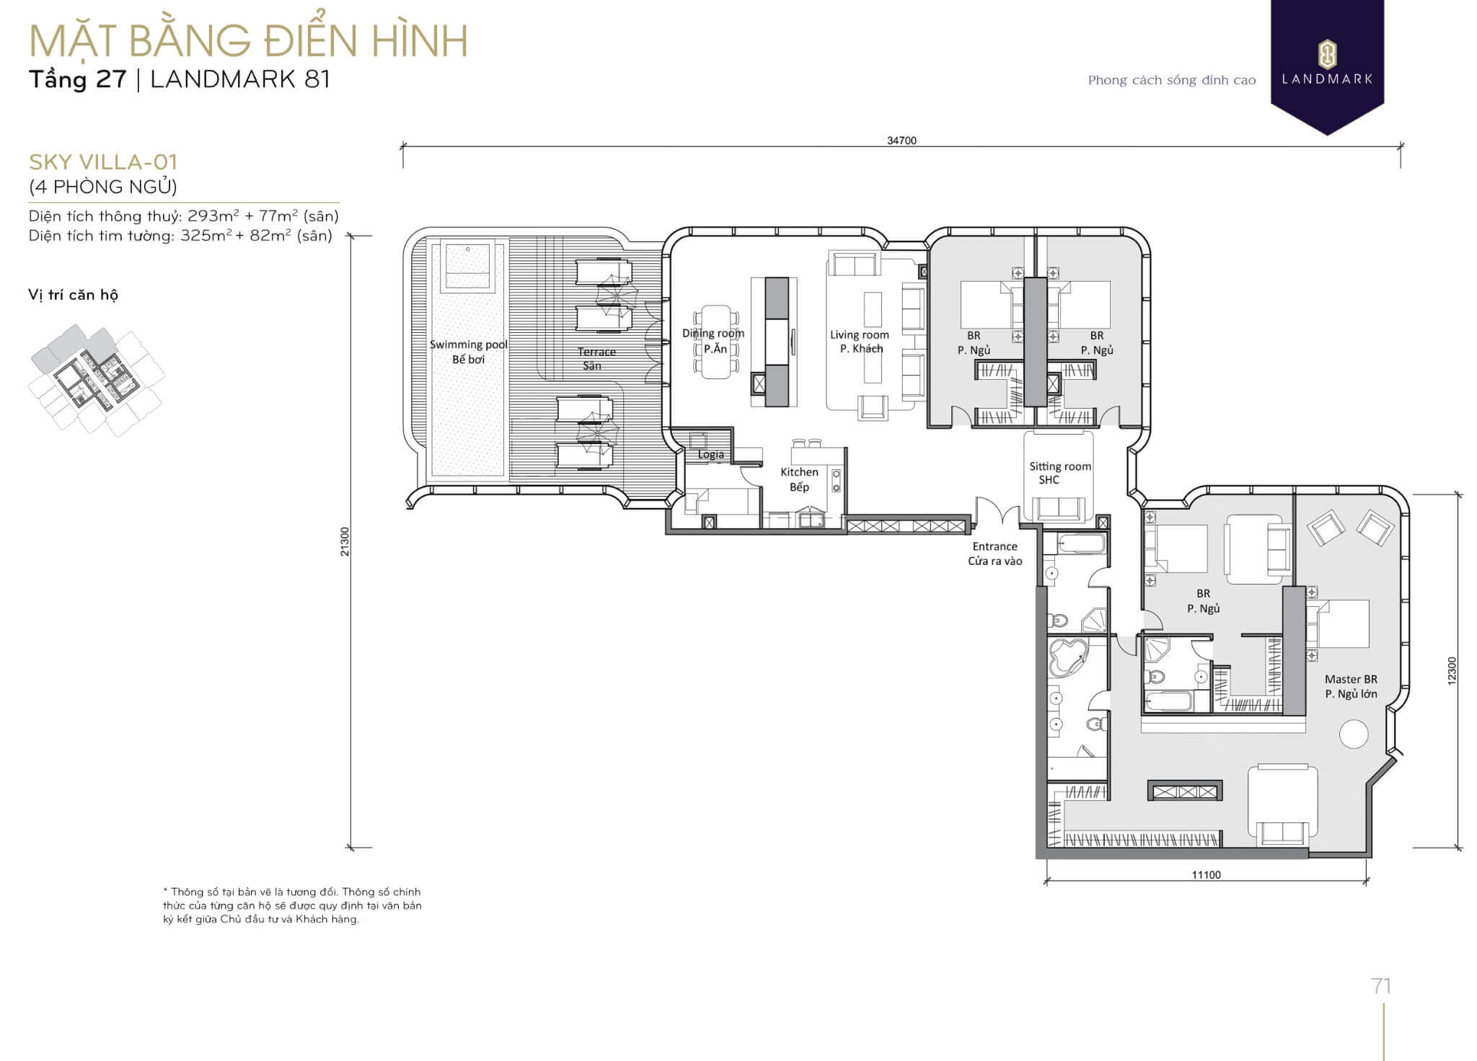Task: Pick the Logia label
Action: (x=710, y=455)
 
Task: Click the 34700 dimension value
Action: (x=901, y=141)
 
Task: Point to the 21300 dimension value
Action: (x=345, y=541)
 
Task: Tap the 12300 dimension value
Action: (x=1452, y=671)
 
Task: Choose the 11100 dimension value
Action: (x=1206, y=875)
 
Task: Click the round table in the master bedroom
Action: (x=1354, y=734)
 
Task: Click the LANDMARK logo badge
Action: (x=1327, y=65)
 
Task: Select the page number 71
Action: (x=1381, y=985)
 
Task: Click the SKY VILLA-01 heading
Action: (x=103, y=161)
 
